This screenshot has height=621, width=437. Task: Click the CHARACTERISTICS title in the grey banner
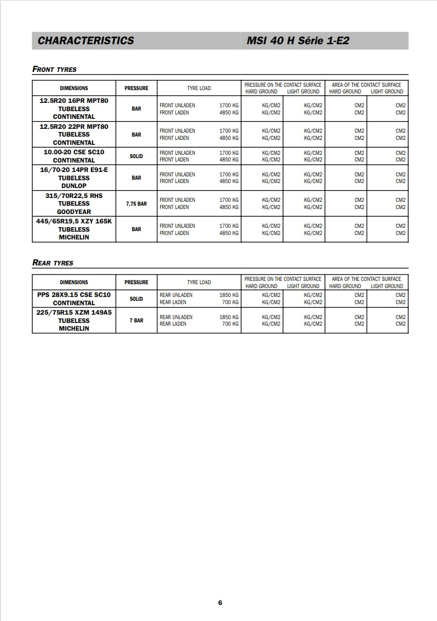click(x=86, y=40)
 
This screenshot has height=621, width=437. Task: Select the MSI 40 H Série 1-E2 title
click(x=298, y=40)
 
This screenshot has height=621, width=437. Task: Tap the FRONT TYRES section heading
click(x=55, y=70)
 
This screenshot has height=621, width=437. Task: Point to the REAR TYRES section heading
click(x=53, y=263)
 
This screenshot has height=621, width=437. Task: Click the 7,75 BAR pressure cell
click(x=136, y=204)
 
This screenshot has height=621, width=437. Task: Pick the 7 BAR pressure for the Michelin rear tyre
click(x=136, y=321)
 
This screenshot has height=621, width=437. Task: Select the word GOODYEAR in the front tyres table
click(x=74, y=212)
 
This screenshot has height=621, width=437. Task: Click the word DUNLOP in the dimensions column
click(x=74, y=186)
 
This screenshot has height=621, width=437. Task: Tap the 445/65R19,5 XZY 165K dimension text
click(x=74, y=221)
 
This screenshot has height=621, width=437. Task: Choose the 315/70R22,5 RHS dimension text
click(x=74, y=196)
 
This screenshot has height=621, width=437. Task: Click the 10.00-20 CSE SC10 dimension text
click(x=74, y=152)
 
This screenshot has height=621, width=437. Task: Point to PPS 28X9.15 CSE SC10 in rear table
click(x=74, y=295)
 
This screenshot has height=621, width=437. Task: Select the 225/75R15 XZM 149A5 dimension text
click(x=74, y=312)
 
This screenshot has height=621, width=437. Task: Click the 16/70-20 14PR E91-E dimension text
click(x=74, y=170)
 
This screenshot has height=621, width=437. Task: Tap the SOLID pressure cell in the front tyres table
click(x=136, y=156)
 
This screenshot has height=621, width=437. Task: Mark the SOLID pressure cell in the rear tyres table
click(x=136, y=299)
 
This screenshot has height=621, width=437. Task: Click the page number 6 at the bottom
click(x=220, y=603)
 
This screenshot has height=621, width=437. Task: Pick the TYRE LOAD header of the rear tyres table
click(x=199, y=283)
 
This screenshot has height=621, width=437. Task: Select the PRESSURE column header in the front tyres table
click(x=136, y=88)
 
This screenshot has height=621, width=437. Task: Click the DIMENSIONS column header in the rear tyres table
click(x=74, y=283)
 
